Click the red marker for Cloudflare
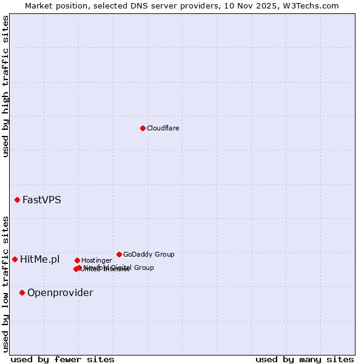[143, 128]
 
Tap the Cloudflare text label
[163, 128]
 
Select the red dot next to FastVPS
[17, 200]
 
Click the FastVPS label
[41, 200]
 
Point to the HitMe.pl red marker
[15, 259]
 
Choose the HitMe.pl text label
[39, 260]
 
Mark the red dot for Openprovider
[22, 292]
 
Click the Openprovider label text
[60, 293]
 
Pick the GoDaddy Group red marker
[119, 254]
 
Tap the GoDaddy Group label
[149, 254]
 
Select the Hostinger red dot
[77, 260]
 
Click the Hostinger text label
[96, 260]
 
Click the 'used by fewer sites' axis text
[62, 359]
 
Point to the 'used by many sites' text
[305, 359]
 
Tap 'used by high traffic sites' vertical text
[5, 87]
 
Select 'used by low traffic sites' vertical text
[5, 284]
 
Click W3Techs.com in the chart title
[312, 5]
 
